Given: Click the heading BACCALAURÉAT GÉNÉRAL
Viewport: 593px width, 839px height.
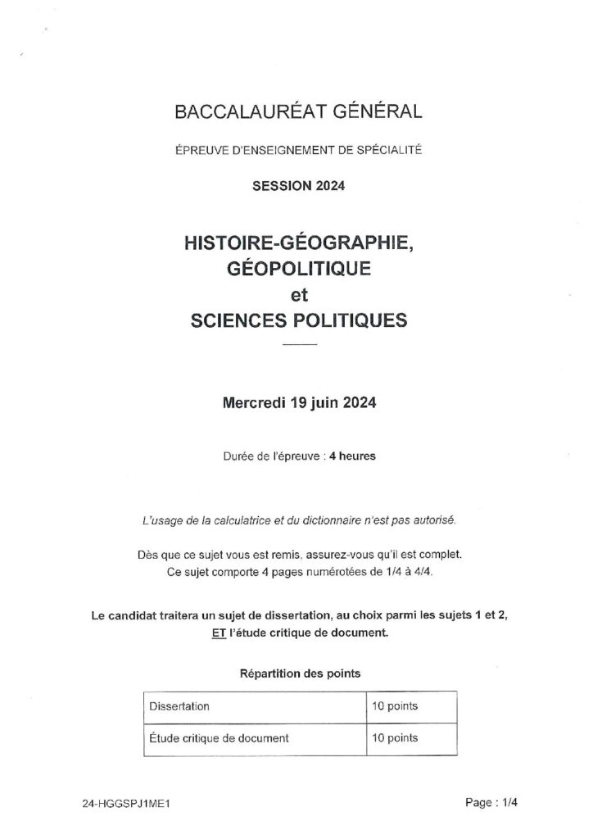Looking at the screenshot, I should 298,113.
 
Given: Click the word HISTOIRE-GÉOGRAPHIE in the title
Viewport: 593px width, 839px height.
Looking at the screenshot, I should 298,243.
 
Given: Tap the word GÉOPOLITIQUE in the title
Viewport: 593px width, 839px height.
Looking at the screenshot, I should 298,268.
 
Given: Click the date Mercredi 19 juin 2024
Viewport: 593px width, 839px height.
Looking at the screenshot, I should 298,403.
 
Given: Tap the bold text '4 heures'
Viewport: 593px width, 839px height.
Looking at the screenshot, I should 353,456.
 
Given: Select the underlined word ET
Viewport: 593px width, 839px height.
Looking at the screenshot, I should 220,633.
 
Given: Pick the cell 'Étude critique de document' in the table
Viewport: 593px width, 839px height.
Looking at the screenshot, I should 219,737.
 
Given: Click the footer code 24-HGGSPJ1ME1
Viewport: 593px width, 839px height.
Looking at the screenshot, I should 120,804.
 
